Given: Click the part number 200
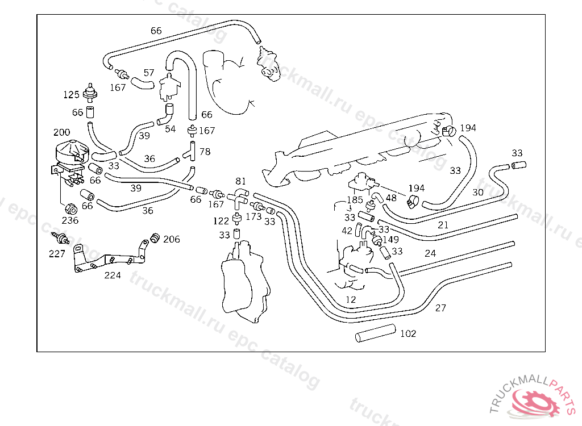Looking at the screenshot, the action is pyautogui.click(x=61, y=132).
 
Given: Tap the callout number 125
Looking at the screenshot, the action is pyautogui.click(x=71, y=95).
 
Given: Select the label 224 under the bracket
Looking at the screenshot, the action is pyautogui.click(x=113, y=275).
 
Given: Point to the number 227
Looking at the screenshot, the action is pyautogui.click(x=57, y=254).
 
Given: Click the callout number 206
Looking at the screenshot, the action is pyautogui.click(x=172, y=239).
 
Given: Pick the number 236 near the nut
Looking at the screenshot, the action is pyautogui.click(x=70, y=220).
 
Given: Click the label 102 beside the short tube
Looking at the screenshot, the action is pyautogui.click(x=408, y=333).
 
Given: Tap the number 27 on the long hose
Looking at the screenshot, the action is pyautogui.click(x=440, y=308).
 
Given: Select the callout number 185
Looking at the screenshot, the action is pyautogui.click(x=355, y=200).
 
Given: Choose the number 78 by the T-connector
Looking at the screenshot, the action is pyautogui.click(x=205, y=152).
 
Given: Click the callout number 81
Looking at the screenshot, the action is pyautogui.click(x=240, y=181).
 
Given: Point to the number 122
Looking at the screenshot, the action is pyautogui.click(x=221, y=221).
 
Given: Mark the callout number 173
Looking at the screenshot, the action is pyautogui.click(x=254, y=216).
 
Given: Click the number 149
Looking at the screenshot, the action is pyautogui.click(x=390, y=240).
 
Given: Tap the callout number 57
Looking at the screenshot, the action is pyautogui.click(x=149, y=73).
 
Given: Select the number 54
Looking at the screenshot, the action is pyautogui.click(x=171, y=129).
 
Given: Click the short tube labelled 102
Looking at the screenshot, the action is pyautogui.click(x=375, y=333).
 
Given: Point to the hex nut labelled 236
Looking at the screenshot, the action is pyautogui.click(x=71, y=209).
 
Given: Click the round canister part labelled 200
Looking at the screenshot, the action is pyautogui.click(x=72, y=152).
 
